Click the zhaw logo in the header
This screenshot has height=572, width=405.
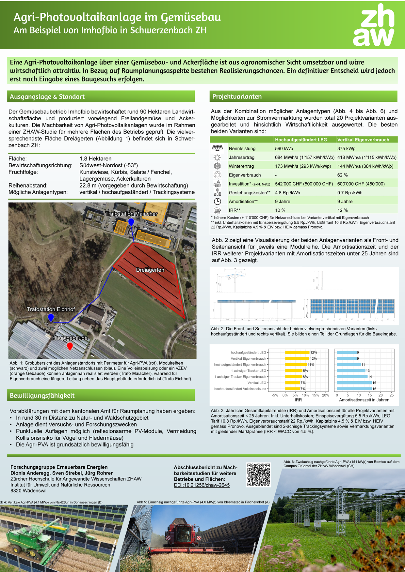coord(374,25)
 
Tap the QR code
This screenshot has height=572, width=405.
coord(259,475)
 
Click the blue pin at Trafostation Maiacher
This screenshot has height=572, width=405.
coord(131,222)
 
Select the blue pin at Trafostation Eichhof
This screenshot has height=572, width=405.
coord(51,317)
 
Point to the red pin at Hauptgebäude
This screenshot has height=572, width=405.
coord(70,346)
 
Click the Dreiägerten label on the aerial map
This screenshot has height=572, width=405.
coord(150,270)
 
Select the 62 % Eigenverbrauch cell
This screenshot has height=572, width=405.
coord(342,175)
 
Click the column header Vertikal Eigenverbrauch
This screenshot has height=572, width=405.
coord(363,140)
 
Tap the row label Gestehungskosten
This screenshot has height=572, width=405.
coord(250,193)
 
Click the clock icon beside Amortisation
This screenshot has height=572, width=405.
coord(217,201)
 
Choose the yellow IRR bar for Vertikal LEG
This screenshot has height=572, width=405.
coord(292,383)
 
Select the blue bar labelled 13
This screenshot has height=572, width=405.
coord(351,370)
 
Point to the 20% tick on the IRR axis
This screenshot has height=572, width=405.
coord(325,395)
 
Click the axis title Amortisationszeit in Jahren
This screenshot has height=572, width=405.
coord(364,400)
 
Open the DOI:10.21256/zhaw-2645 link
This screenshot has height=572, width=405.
coord(202,485)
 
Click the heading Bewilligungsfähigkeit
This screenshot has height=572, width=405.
coord(42,396)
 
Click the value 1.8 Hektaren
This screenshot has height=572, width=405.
coord(95,158)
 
